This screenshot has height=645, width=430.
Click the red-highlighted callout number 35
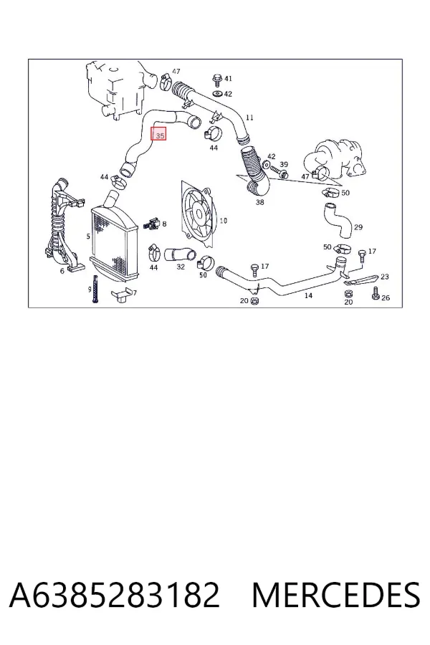158,134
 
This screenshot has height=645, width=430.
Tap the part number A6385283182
114,595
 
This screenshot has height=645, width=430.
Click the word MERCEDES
336,595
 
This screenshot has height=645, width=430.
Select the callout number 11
249,118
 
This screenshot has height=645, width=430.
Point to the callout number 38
259,202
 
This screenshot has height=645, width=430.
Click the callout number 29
358,227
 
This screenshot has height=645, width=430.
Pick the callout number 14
308,295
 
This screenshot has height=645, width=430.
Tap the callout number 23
384,277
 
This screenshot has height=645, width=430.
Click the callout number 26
386,297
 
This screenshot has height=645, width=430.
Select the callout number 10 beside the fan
223,221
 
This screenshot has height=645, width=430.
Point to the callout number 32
181,267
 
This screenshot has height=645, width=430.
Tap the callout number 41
229,78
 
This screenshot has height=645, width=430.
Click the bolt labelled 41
217,80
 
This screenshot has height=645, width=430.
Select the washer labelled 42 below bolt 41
217,95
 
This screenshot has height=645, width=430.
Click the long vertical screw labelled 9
95,290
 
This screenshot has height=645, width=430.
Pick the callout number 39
284,165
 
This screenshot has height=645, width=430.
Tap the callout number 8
164,224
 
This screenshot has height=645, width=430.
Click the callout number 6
62,271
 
